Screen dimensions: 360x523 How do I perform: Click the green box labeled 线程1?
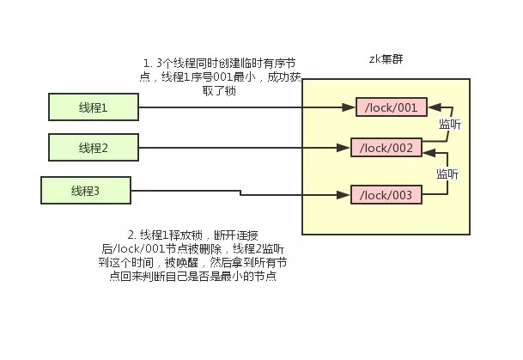point(94,107)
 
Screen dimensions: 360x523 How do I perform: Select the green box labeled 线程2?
point(94,148)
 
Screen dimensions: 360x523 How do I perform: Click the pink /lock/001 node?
point(391,107)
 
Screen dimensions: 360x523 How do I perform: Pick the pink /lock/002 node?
point(386,148)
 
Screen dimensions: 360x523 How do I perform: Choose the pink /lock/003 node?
point(386,195)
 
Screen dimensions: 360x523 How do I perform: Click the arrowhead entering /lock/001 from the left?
point(351,107)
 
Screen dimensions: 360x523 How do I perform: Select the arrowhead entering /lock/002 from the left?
point(345,148)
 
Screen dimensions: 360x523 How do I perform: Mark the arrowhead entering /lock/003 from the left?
point(345,195)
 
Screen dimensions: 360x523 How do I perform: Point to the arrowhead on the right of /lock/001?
point(431,107)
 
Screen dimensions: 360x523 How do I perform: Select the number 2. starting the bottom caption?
point(131,235)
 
